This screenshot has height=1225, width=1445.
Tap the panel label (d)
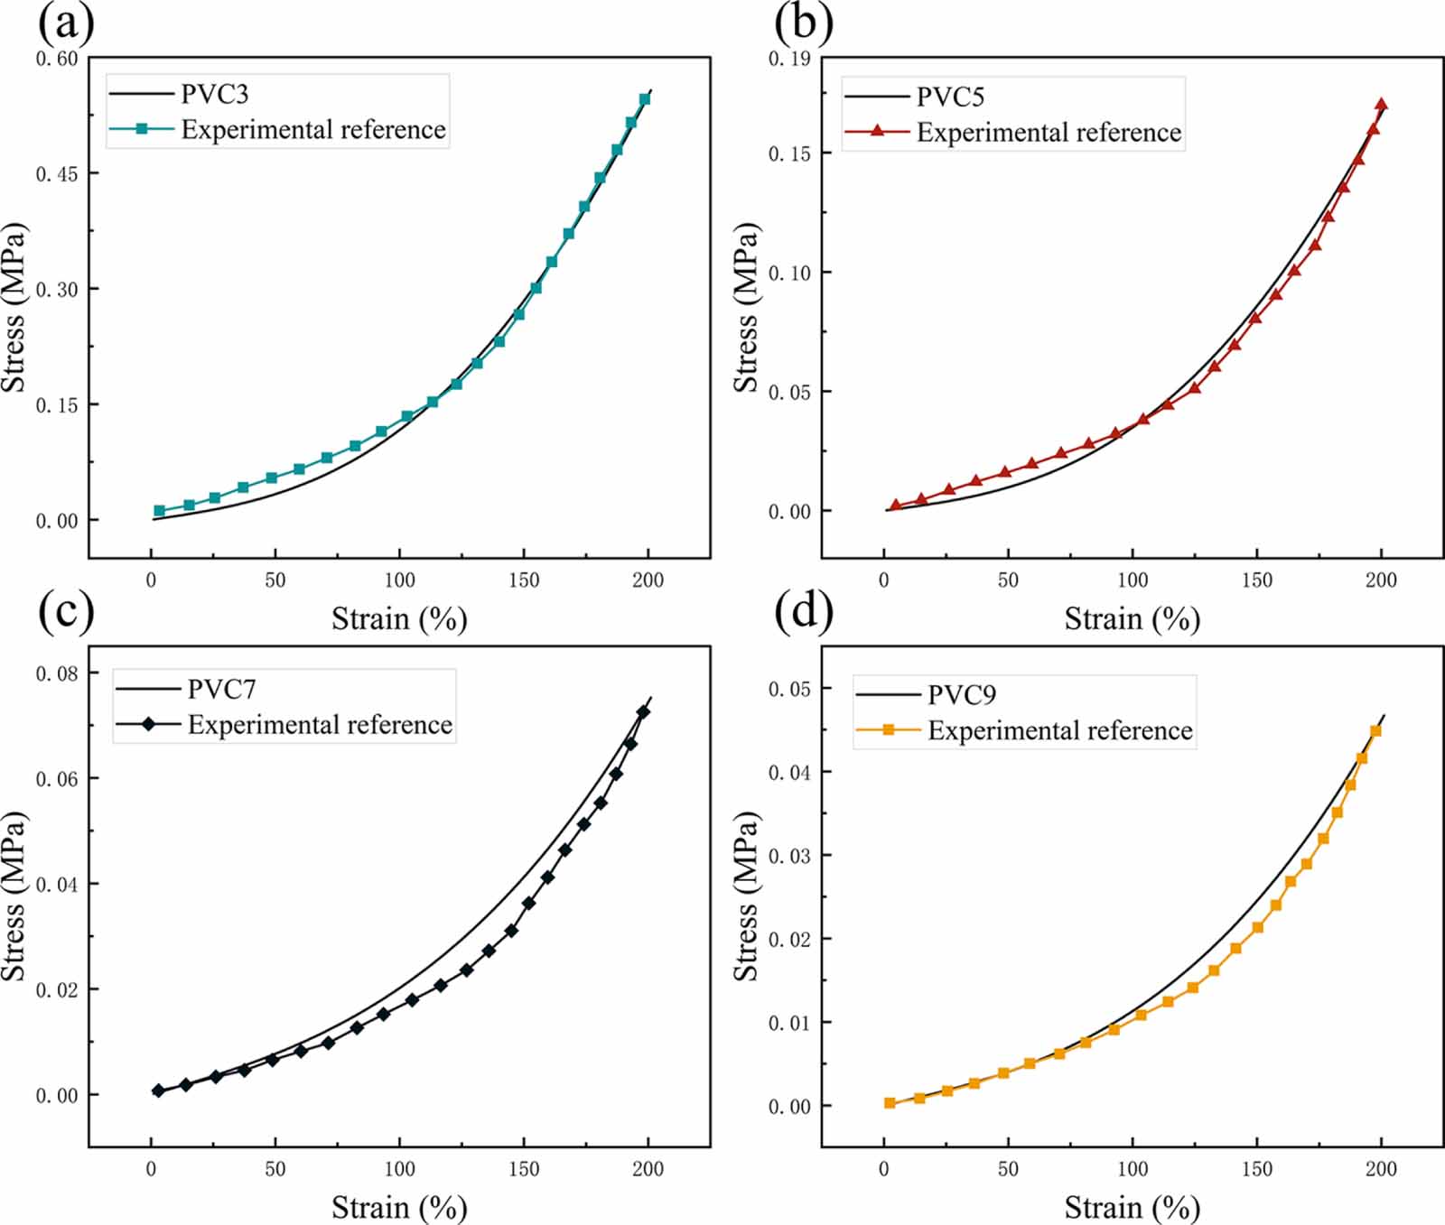pos(803,611)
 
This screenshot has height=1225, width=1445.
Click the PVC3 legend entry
pos(214,94)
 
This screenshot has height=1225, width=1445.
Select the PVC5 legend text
pos(950,97)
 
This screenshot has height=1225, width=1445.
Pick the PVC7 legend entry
pos(221,690)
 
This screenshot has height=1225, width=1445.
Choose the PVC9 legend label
pos(962,695)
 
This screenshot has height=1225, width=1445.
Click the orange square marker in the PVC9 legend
pos(889,729)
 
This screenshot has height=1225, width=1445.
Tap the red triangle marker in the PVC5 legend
pos(877,131)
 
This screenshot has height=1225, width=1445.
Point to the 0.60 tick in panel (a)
pos(57,59)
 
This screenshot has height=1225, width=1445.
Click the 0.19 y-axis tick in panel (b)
pos(789,59)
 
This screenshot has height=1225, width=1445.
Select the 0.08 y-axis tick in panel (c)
pos(57,673)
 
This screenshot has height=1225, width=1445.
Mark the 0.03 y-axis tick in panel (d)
pos(789,856)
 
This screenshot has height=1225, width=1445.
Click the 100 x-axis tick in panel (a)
pos(399,580)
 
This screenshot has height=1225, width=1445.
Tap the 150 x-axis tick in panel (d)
pos(1256,1169)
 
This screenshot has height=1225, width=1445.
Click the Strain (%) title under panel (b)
pos(1132,619)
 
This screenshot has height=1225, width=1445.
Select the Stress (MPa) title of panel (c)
pos(14,896)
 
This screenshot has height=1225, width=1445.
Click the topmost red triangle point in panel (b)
pos(1381,105)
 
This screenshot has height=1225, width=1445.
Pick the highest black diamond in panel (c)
pos(643,712)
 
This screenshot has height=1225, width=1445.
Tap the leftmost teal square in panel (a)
pos(160,511)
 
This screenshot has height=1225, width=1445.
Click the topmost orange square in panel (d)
pos(1375,731)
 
